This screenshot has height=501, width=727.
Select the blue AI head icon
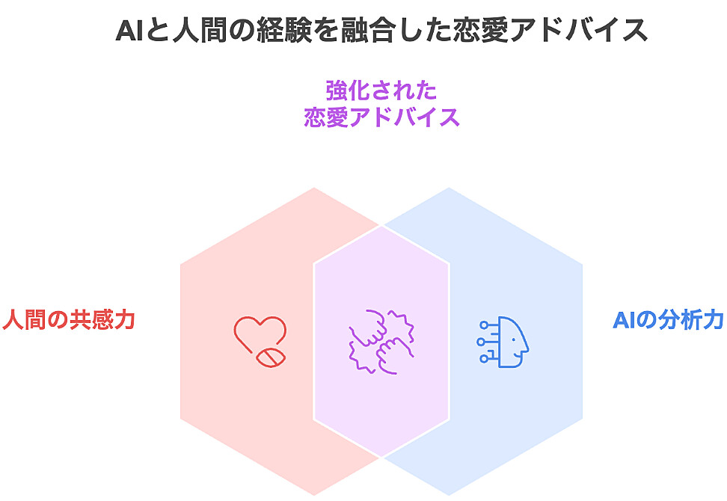point(504,342)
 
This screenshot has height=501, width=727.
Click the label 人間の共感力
point(68,320)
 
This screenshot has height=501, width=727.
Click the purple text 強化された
point(381,91)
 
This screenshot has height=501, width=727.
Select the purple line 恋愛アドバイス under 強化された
point(381,118)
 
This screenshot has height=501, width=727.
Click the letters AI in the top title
point(129,31)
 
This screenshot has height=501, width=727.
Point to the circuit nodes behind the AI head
point(486,342)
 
